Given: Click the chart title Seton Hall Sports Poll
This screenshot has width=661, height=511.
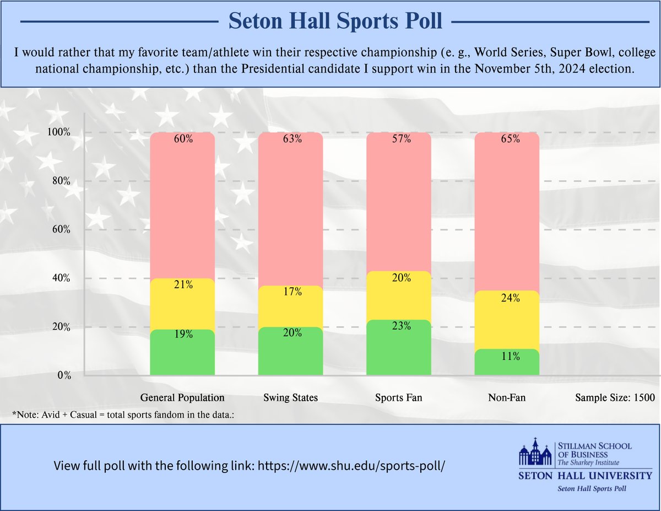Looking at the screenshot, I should tap(335, 21).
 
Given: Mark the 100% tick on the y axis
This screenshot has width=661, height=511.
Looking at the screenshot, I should tap(59, 132).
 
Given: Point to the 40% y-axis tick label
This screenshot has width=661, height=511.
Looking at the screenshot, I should tap(61, 278).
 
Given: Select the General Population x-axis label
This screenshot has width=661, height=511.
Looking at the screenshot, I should tap(182, 397).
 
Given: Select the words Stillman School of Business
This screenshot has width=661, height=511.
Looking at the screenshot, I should tap(594, 450).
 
